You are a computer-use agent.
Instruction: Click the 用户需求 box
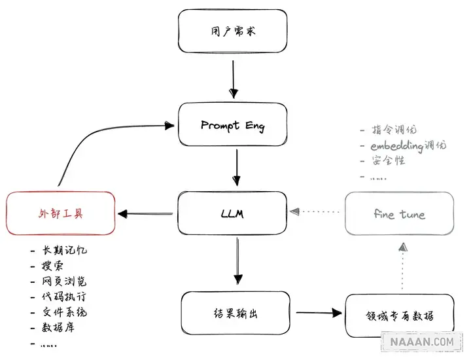tap(233, 31)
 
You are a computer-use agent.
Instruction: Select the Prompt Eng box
tap(233, 124)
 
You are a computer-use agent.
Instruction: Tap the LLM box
tap(233, 213)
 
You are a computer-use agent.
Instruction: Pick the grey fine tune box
tap(399, 213)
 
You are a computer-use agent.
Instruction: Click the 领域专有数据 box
tap(399, 316)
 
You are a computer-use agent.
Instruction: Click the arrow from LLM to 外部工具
tap(148, 213)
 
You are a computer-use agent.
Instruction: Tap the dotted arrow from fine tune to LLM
tap(317, 212)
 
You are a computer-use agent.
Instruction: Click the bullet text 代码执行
tap(63, 297)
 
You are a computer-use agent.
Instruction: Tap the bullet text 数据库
tap(59, 327)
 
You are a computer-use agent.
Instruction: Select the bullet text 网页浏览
tap(63, 281)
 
